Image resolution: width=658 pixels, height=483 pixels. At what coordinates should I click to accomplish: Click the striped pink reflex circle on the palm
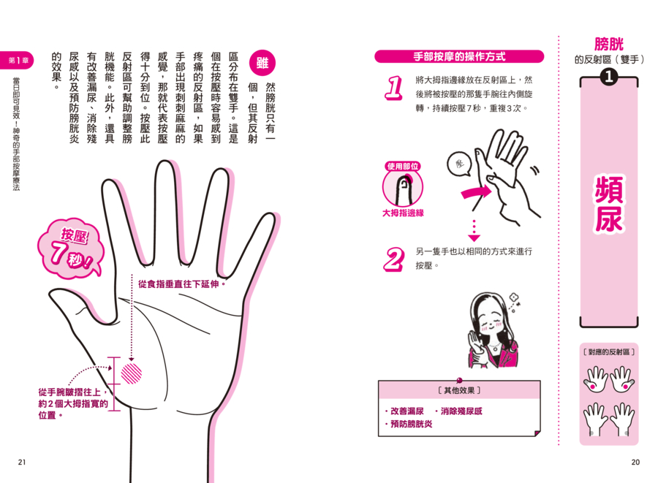pos(132,373)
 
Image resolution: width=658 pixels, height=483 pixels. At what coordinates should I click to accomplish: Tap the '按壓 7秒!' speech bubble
pos(69,249)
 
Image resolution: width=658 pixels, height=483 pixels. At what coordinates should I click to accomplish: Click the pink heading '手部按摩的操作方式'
pos(459,56)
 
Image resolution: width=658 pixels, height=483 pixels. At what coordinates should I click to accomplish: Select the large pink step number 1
pos(393,88)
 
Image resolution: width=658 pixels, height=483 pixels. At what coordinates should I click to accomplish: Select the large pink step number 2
pos(394,259)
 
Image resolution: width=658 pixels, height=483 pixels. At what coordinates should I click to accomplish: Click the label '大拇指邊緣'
pos(403,213)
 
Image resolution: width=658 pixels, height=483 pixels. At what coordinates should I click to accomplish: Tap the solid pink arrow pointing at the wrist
pos(476,193)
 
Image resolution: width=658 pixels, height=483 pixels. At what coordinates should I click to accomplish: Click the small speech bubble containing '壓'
pos(460,164)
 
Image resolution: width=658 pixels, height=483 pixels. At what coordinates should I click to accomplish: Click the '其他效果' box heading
pos(459,390)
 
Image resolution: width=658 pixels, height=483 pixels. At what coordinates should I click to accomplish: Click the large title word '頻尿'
pos(609,204)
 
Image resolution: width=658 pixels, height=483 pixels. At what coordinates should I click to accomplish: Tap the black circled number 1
pos(609,76)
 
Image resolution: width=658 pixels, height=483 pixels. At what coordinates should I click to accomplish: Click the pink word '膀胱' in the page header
pos(609,44)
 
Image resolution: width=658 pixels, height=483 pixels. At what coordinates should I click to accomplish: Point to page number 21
pos(22,462)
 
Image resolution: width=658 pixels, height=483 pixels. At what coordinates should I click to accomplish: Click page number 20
pos(635,462)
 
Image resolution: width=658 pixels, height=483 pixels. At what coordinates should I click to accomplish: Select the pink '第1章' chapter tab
pos(17,61)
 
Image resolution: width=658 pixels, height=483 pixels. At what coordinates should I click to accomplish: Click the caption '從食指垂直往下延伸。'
pos(182,284)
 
